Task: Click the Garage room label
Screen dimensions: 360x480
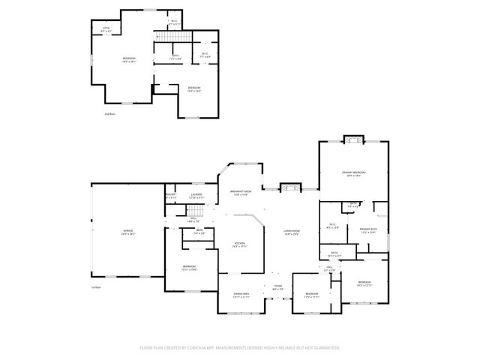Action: point(128,232)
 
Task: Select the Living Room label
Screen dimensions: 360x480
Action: point(292,232)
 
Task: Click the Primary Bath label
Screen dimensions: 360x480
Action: point(367,230)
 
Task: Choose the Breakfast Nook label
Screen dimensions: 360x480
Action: point(241,193)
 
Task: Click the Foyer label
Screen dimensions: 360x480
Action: point(277,287)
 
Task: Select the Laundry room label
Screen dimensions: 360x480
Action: point(196,196)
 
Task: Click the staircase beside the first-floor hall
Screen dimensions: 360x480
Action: point(175,214)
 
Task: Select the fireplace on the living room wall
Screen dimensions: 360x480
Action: point(289,187)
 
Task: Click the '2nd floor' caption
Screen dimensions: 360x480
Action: point(109,114)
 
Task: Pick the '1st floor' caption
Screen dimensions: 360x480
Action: point(95,288)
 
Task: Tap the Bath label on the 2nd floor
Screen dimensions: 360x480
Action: point(175,56)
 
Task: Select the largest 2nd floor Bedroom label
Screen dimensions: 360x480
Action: point(129,59)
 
